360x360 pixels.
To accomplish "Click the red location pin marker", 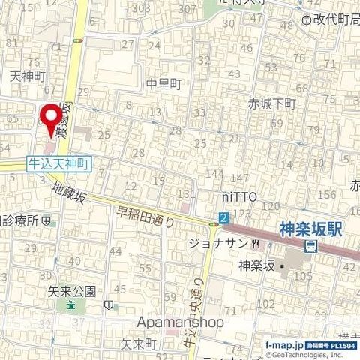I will point(51,120).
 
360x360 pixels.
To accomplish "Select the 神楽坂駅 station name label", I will point(310,229).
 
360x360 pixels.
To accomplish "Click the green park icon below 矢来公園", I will point(71,305).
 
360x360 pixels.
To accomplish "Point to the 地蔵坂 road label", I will point(70,196).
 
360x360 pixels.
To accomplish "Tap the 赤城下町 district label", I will point(273,104).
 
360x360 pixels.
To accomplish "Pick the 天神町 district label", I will point(27,76).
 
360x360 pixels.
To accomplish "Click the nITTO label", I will point(239,196).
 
